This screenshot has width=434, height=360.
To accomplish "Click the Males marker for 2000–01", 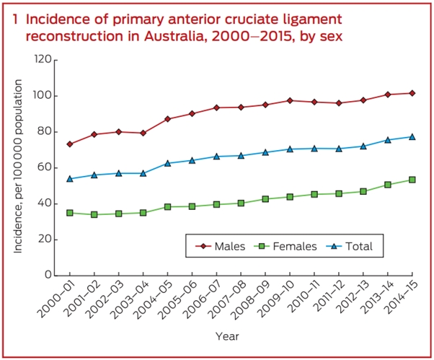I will pyautogui.click(x=70, y=144).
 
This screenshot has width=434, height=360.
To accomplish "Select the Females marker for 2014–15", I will pyautogui.click(x=412, y=180).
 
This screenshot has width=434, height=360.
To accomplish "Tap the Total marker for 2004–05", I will pyautogui.click(x=167, y=163).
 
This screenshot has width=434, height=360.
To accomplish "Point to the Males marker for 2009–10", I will pyautogui.click(x=290, y=100).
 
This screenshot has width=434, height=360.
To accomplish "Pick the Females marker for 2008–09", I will pyautogui.click(x=265, y=198).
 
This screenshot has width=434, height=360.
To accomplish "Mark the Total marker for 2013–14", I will pyautogui.click(x=387, y=140).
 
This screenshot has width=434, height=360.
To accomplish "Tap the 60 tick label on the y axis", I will pyautogui.click(x=44, y=167).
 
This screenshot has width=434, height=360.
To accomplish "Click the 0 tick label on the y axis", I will pyautogui.click(x=47, y=275).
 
